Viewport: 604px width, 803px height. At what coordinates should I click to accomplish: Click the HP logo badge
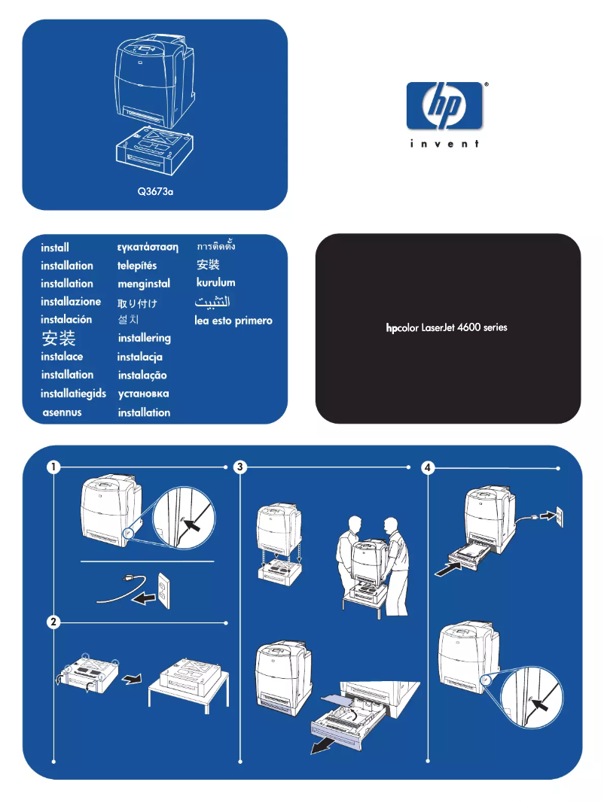point(444,105)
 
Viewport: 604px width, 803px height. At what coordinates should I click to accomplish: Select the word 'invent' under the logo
point(444,144)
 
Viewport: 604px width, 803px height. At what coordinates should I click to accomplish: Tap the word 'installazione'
point(71,302)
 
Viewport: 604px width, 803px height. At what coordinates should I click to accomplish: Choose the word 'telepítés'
point(137,266)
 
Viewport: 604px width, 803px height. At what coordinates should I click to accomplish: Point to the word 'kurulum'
point(215,283)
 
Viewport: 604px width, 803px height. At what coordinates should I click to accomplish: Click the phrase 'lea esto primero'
point(233,321)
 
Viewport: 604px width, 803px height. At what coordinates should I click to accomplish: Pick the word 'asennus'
point(62,412)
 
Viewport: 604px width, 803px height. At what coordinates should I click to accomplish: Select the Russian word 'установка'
point(144,394)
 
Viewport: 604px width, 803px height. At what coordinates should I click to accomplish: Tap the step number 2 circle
point(53,622)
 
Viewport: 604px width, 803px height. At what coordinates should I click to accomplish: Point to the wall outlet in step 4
point(558,517)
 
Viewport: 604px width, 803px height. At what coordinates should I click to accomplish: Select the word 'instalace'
point(62,357)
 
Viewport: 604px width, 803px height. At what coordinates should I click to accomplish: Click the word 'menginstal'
point(144,284)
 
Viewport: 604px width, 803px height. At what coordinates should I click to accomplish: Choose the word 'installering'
point(145,339)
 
